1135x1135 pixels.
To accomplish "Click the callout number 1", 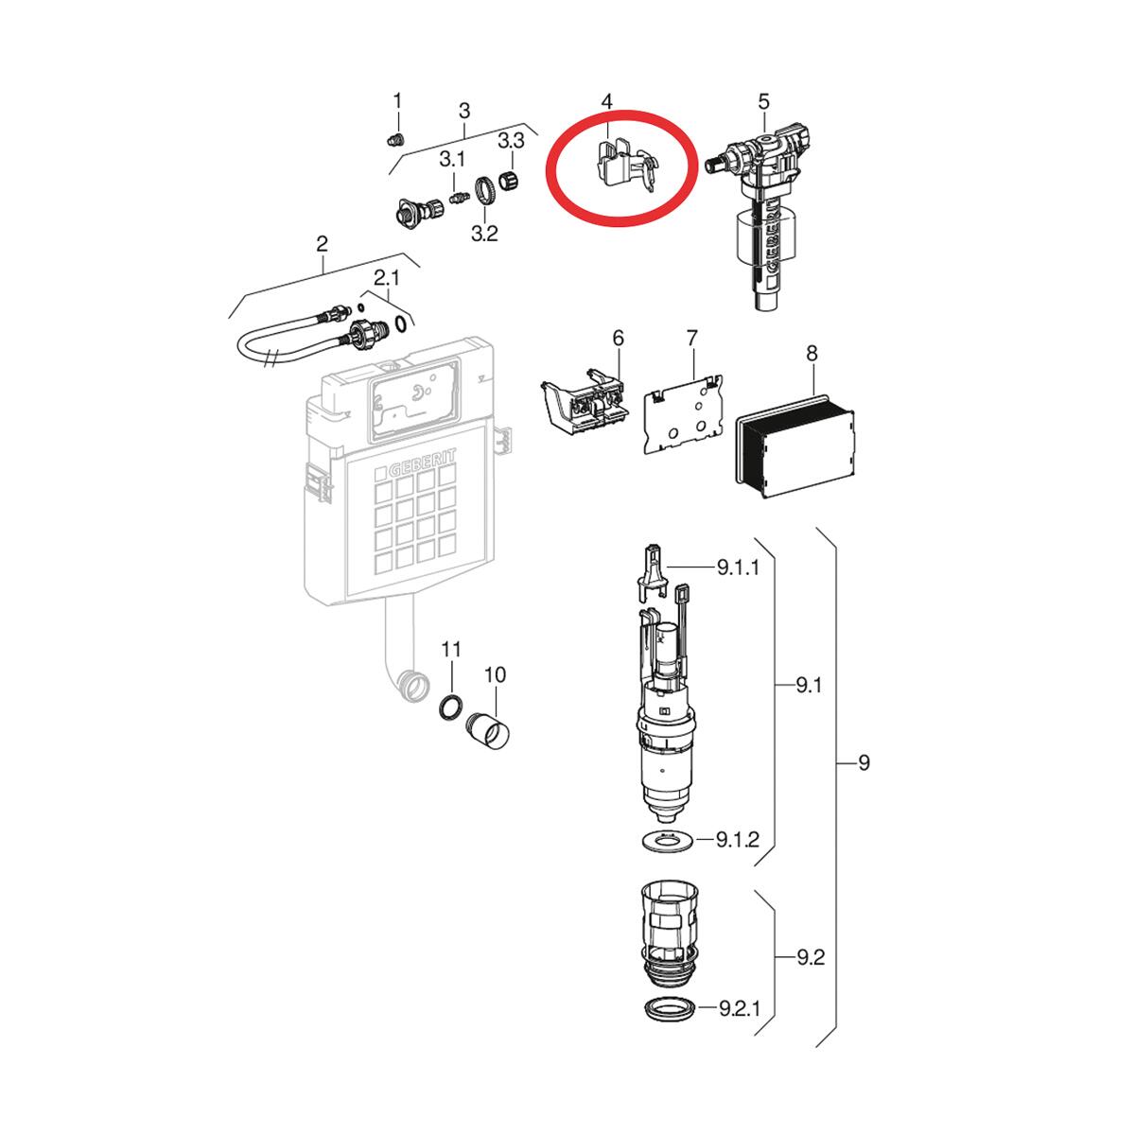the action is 397,100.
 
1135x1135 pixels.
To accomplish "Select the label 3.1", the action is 453,159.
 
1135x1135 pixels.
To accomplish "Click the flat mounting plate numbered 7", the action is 683,414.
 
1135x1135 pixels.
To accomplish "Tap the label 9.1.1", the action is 738,567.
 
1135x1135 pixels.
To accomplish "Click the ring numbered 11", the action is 451,705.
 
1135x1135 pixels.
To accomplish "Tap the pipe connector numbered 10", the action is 490,730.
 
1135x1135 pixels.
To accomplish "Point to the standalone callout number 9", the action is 864,762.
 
